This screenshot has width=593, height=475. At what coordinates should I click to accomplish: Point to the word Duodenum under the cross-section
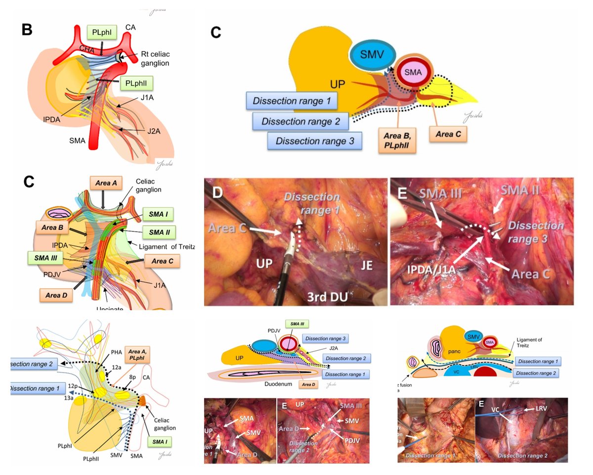point(275,383)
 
